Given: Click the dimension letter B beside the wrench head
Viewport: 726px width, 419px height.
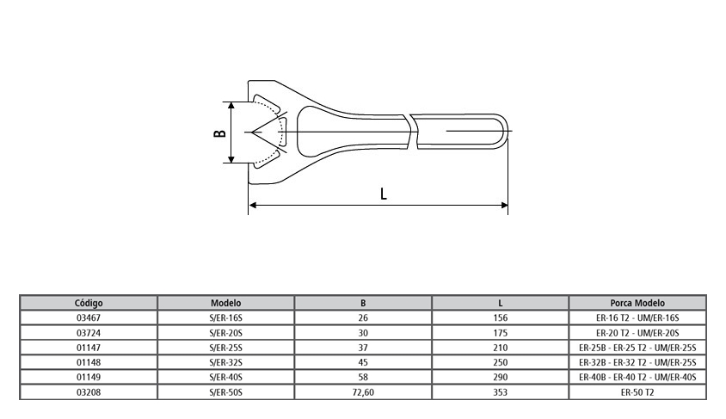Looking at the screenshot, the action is [220, 132].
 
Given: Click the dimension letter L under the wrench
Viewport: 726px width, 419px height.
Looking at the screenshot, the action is [384, 194].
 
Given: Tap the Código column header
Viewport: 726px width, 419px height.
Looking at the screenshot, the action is [89, 303].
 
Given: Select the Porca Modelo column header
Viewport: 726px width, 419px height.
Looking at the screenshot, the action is [637, 303].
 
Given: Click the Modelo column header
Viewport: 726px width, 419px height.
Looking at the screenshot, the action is [225, 303].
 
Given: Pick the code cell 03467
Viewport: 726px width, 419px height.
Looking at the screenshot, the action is [89, 317].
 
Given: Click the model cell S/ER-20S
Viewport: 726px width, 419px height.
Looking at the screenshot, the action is [225, 332].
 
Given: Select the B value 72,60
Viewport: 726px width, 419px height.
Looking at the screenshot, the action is [363, 392].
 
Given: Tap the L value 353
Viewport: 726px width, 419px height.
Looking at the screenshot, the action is [500, 392].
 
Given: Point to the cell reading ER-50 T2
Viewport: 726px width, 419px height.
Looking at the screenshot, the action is [637, 392].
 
